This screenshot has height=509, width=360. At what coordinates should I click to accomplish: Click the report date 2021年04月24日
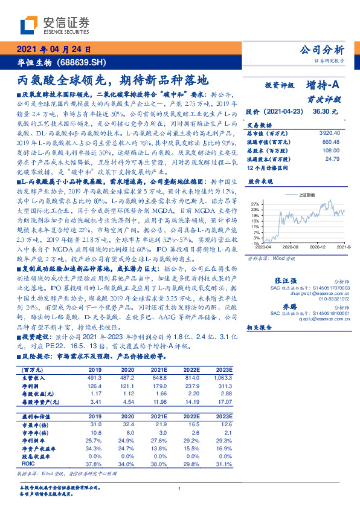click(54, 50)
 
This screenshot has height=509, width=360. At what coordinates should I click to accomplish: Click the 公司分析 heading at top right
click(322, 50)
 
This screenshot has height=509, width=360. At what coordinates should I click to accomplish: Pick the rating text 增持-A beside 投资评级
click(323, 86)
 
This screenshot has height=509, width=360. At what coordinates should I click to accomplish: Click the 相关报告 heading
click(260, 327)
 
